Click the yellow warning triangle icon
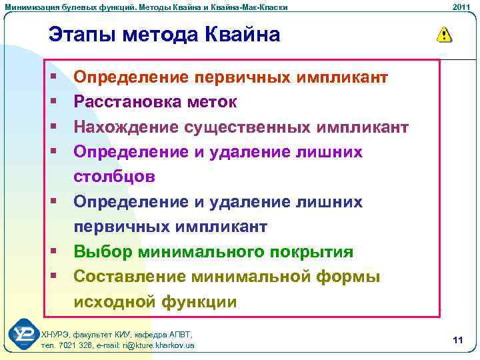pos(443,35)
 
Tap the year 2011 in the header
pos(461,7)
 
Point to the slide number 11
pos(457,341)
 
